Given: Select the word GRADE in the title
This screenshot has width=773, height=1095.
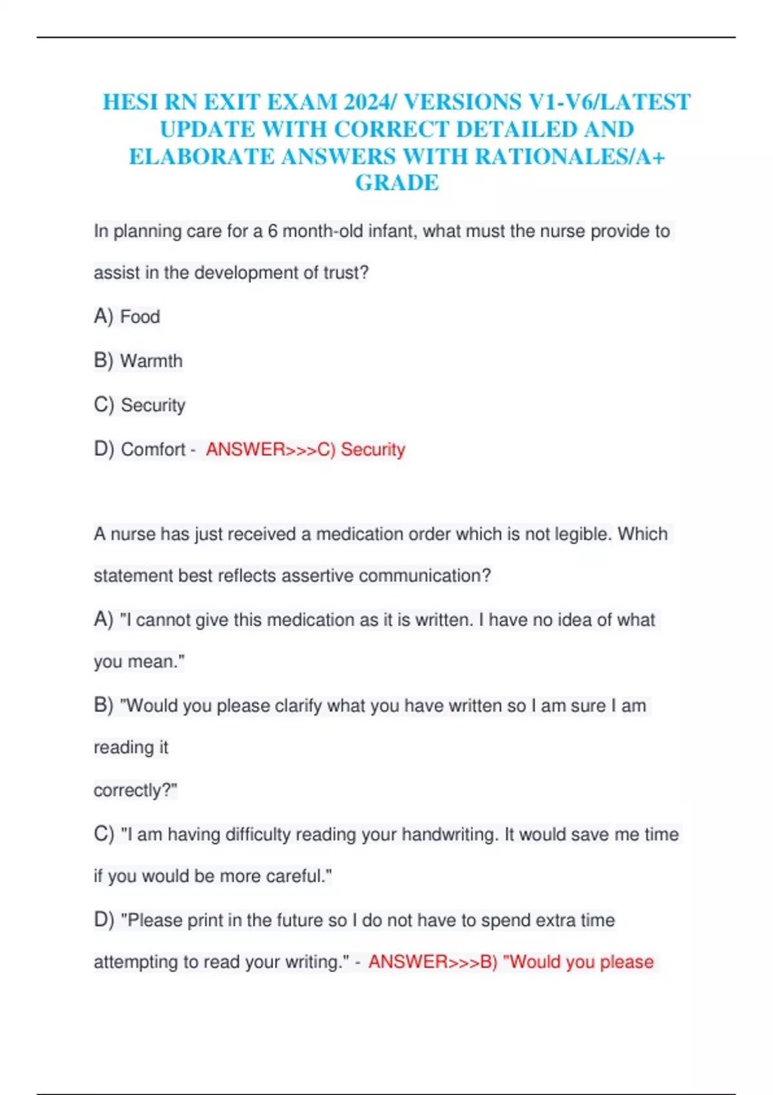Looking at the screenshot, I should coord(397,184).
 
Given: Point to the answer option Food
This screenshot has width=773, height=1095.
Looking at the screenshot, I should coord(140,317).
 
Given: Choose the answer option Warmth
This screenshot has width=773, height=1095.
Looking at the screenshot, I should coord(151,361).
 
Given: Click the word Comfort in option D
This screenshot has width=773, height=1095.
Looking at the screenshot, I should coord(153,449).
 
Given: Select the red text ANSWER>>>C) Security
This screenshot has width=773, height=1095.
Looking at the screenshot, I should coord(305,449).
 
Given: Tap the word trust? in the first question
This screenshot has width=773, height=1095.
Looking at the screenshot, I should coord(346,272).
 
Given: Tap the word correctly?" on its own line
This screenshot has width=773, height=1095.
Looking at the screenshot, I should coord(135,790).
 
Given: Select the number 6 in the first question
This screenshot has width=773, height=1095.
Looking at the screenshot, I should coord(272,231).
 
